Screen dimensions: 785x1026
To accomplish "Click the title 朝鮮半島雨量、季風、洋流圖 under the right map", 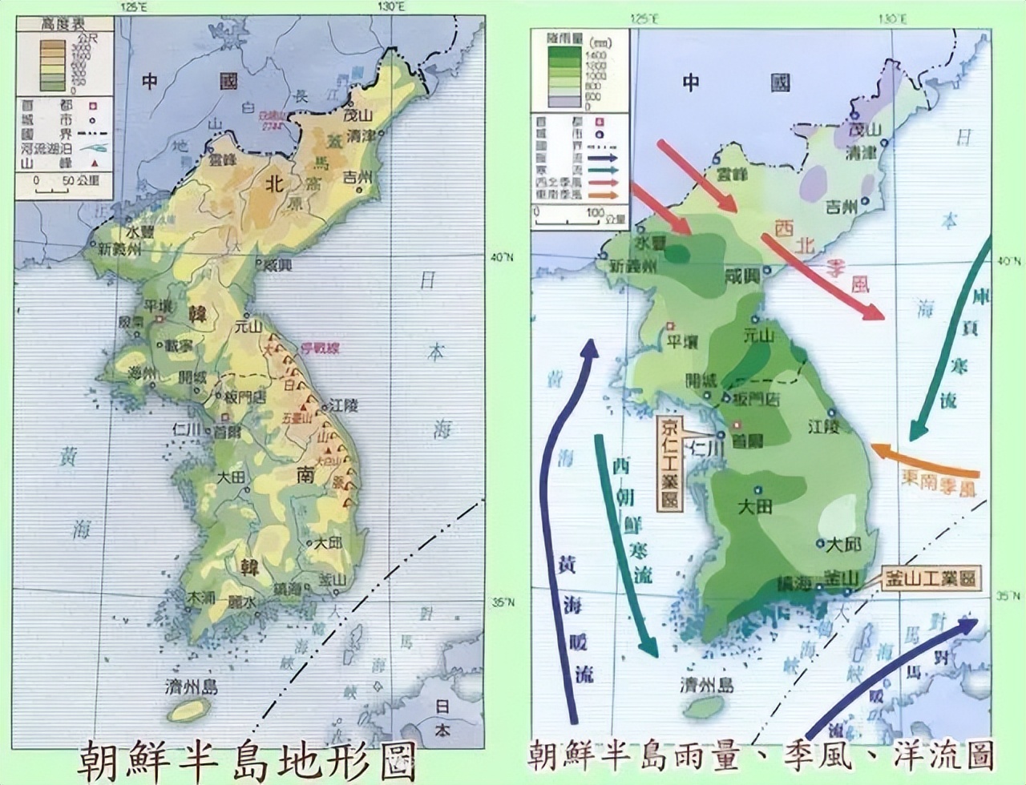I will point(761,755).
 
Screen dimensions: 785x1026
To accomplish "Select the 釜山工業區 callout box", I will point(931,578).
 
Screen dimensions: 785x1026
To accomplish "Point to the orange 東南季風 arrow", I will point(922,462).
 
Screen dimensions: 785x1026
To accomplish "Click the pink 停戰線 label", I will point(320,348).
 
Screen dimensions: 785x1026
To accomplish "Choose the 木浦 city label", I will point(198,598).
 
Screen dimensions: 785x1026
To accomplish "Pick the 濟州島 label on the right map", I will point(707,685).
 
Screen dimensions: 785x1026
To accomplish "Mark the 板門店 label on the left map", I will point(246,397).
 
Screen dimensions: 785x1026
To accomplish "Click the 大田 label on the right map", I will point(757,506).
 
